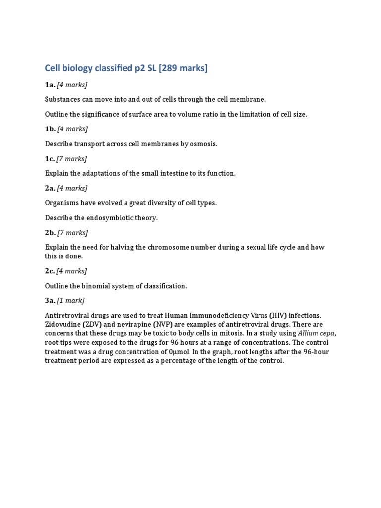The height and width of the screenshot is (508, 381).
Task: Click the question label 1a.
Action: pos(50,85)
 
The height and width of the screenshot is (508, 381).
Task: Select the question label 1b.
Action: pos(50,129)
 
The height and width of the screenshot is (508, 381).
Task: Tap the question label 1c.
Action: pos(50,159)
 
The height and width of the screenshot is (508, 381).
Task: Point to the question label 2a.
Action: pos(50,188)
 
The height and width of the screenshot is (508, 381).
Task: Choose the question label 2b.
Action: pos(50,232)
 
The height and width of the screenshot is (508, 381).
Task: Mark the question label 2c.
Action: pos(50,271)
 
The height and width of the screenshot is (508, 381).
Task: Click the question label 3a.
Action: pos(50,300)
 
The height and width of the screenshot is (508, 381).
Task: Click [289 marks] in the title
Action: pos(183,68)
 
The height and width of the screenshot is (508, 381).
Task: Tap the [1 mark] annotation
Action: pos(71,300)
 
